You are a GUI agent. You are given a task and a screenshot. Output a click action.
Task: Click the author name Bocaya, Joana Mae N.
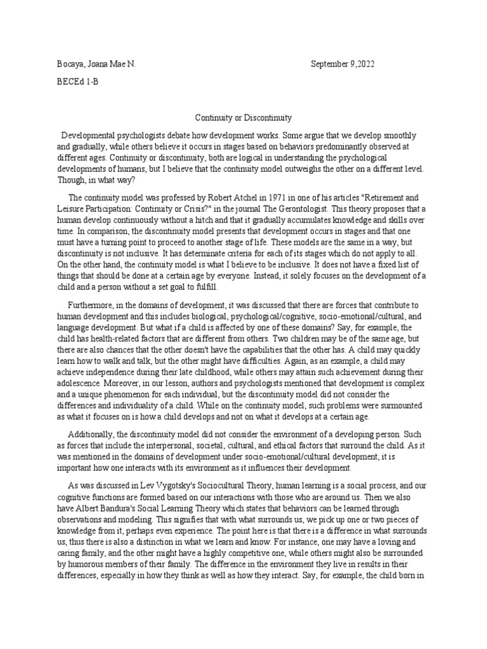pyautogui.click(x=94, y=65)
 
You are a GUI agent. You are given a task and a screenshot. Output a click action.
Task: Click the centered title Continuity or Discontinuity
pyautogui.click(x=243, y=119)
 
